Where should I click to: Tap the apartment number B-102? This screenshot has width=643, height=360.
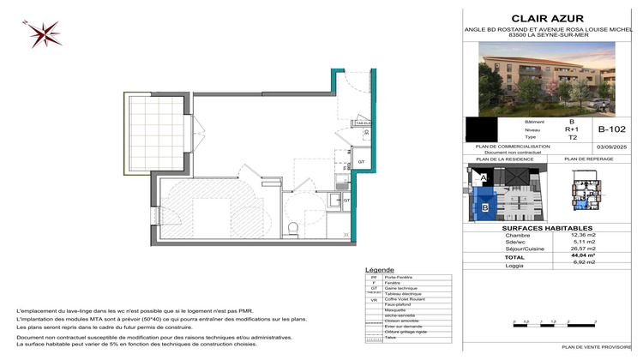[610, 129]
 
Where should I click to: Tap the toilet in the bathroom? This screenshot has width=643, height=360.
[294, 226]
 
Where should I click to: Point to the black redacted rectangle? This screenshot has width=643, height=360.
[480, 129]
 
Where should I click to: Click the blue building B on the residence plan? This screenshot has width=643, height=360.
[485, 207]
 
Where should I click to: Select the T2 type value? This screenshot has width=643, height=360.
[571, 136]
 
